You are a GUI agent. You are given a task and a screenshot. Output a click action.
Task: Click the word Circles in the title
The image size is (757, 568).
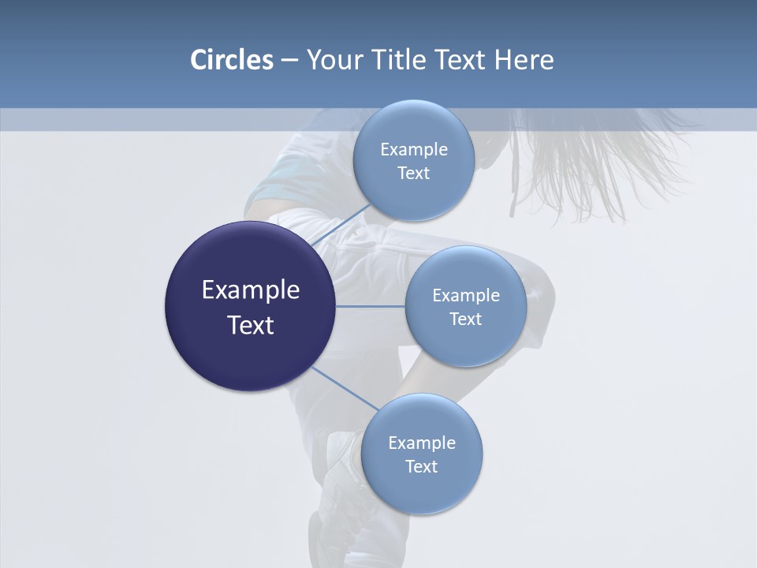click(231, 60)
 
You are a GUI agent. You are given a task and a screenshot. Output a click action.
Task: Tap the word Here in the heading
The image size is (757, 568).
click(524, 60)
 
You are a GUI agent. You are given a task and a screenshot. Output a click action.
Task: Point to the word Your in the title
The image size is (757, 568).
click(334, 60)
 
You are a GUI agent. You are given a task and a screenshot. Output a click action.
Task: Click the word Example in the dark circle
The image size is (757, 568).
click(251, 290)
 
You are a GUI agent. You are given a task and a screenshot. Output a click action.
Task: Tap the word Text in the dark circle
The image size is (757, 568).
click(251, 325)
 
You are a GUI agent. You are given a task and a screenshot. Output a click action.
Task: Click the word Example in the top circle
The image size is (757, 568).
click(414, 149)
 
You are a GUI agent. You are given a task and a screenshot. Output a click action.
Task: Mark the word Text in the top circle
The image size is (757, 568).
click(413, 173)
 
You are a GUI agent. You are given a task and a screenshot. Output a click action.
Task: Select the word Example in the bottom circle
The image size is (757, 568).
click(422, 443)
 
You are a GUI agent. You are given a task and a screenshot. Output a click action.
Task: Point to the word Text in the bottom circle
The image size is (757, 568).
click(421, 466)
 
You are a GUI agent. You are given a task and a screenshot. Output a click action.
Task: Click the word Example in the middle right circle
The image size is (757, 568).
click(466, 295)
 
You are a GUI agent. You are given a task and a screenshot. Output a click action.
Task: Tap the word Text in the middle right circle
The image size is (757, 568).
click(465, 319)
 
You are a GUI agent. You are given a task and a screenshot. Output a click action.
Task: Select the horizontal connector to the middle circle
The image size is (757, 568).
click(371, 305)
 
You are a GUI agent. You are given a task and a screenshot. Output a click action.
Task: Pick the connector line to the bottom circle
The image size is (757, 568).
click(344, 389)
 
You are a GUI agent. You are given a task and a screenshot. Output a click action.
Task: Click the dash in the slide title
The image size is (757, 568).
click(289, 60)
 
